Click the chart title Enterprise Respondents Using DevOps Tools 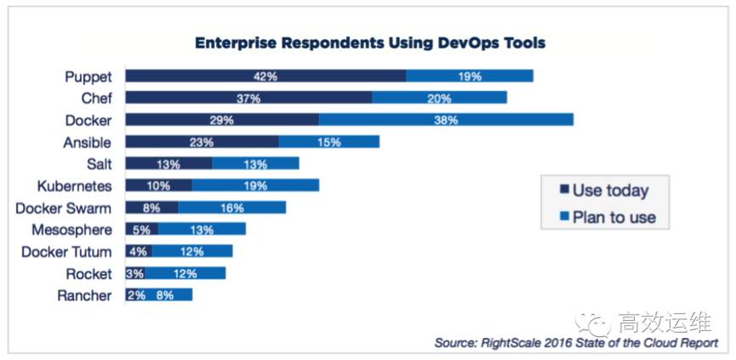pos(370,42)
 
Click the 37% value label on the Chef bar pos(248,98)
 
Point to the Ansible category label pos(87,142)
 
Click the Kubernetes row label pos(74,186)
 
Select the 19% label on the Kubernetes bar pos(255,186)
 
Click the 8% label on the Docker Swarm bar pos(151,208)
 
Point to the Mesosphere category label pos(71,230)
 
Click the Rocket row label pos(88,274)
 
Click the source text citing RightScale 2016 pos(576,342)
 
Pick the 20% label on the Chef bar pos(439,98)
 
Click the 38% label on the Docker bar pos(445,120)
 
